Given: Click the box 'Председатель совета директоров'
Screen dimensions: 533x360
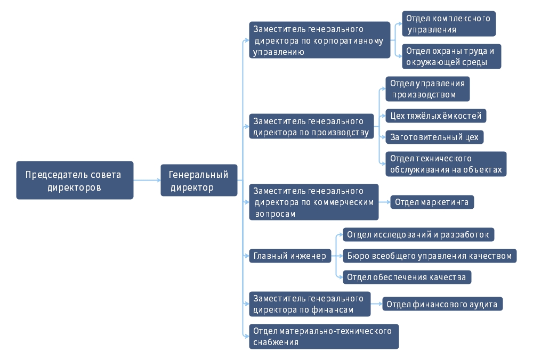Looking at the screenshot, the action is pos(75,180).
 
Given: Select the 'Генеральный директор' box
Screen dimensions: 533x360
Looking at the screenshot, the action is pos(199,180).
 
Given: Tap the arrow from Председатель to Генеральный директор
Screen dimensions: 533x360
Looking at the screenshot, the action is pos(147,180).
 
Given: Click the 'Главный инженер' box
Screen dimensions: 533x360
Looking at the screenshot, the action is pos(290,256).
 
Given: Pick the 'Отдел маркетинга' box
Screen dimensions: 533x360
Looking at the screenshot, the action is pos(432,202).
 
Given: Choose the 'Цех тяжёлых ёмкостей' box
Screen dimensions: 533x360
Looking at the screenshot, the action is pos(436,116).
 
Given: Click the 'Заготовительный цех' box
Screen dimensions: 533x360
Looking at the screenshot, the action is pos(434,137).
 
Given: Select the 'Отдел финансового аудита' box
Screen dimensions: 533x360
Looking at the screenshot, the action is pos(442,304).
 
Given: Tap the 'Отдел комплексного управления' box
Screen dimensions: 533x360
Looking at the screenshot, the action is pos(449,24).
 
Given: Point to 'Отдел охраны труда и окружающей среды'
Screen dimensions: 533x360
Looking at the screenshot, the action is pos(451,56).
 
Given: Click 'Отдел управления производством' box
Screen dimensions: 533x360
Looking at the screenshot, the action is pos(427,88).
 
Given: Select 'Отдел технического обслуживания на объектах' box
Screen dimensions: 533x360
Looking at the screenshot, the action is pos(446,164).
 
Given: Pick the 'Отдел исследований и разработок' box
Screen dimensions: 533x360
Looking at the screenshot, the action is pos(418,235).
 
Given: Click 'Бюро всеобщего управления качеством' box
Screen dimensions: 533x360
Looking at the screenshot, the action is pos(430,256).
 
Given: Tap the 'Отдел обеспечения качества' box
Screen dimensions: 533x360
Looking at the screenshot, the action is pos(407,277).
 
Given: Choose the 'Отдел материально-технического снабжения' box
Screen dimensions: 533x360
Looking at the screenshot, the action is pos(324,337).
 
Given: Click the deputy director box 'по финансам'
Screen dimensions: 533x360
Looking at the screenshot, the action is pos(310,304).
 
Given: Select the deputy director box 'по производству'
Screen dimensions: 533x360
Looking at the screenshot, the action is pos(311,126).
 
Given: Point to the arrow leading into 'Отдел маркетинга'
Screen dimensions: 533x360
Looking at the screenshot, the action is pos(384,202).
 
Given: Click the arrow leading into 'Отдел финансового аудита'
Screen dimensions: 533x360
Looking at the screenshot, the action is pos(376,304).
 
